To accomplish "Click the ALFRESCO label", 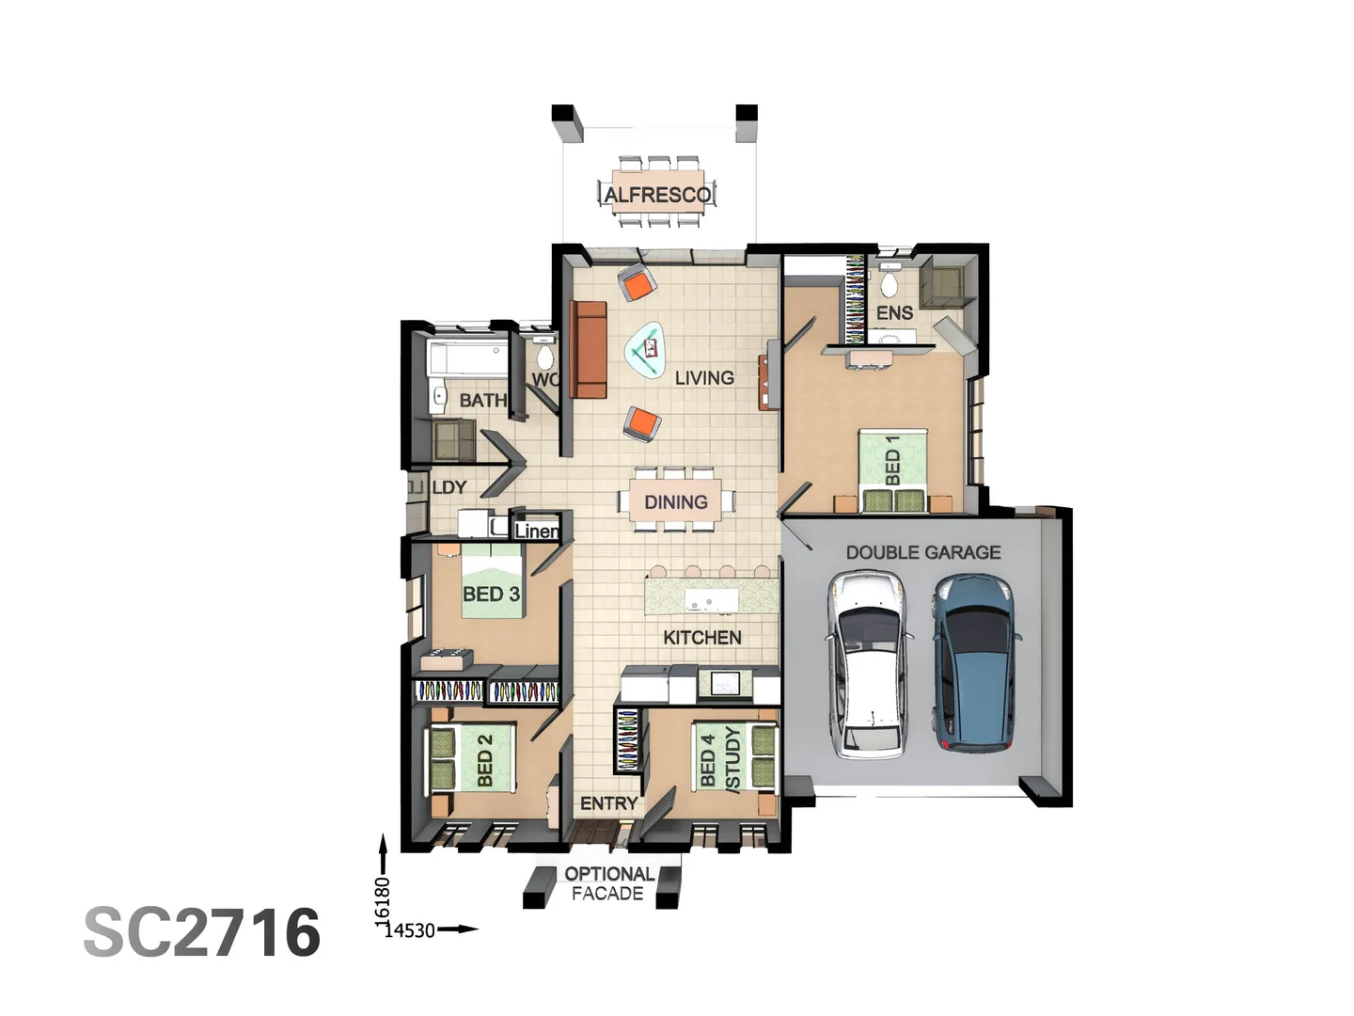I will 657,195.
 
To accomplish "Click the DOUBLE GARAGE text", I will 922,552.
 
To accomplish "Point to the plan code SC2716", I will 202,932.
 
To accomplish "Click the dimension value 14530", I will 411,930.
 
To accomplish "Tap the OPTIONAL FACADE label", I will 608,883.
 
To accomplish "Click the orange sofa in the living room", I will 589,350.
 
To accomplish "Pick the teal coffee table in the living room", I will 646,350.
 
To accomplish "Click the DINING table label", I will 675,502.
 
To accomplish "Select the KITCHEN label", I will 701,638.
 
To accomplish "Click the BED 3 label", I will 491,595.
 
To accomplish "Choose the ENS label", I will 894,312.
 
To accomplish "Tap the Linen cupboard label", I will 536,532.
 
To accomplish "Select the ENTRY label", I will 608,803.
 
